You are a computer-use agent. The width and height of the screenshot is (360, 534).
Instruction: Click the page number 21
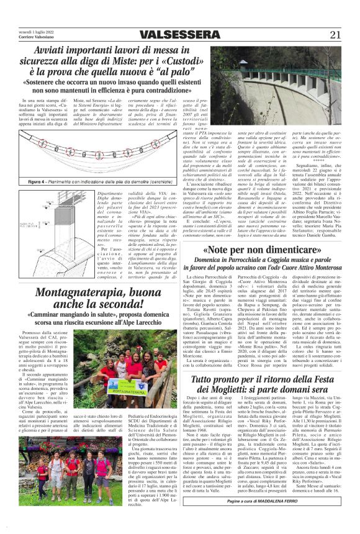coord(335,34)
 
